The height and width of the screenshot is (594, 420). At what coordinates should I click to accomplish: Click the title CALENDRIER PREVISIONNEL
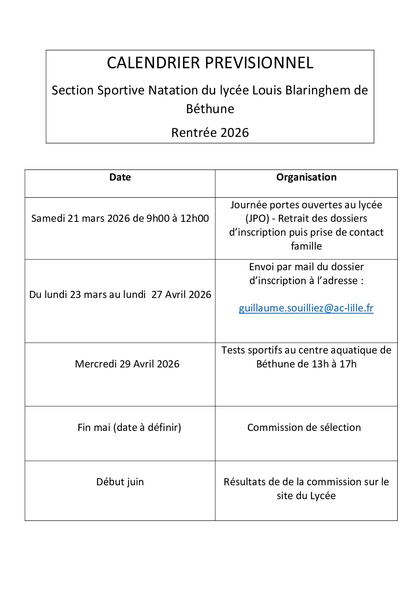click(x=210, y=63)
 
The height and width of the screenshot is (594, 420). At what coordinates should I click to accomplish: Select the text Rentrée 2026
click(x=210, y=133)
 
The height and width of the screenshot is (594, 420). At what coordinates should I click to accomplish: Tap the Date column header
click(x=120, y=177)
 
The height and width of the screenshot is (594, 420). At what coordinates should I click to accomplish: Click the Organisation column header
click(x=306, y=177)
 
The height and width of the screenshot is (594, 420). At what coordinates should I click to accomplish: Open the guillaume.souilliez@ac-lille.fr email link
click(x=306, y=308)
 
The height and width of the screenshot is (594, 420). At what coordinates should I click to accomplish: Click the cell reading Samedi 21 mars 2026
click(x=120, y=219)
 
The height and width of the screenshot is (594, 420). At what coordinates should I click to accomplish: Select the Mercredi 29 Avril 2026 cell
click(x=127, y=364)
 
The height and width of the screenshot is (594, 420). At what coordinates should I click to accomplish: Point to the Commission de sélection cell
click(x=304, y=427)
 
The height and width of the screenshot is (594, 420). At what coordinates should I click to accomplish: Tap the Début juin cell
click(x=120, y=482)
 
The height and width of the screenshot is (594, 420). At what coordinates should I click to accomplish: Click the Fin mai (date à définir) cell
click(x=129, y=427)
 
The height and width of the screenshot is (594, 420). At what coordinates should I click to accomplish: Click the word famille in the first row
click(x=306, y=246)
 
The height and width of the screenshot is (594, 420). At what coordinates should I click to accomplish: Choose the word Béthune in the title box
click(x=210, y=109)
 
